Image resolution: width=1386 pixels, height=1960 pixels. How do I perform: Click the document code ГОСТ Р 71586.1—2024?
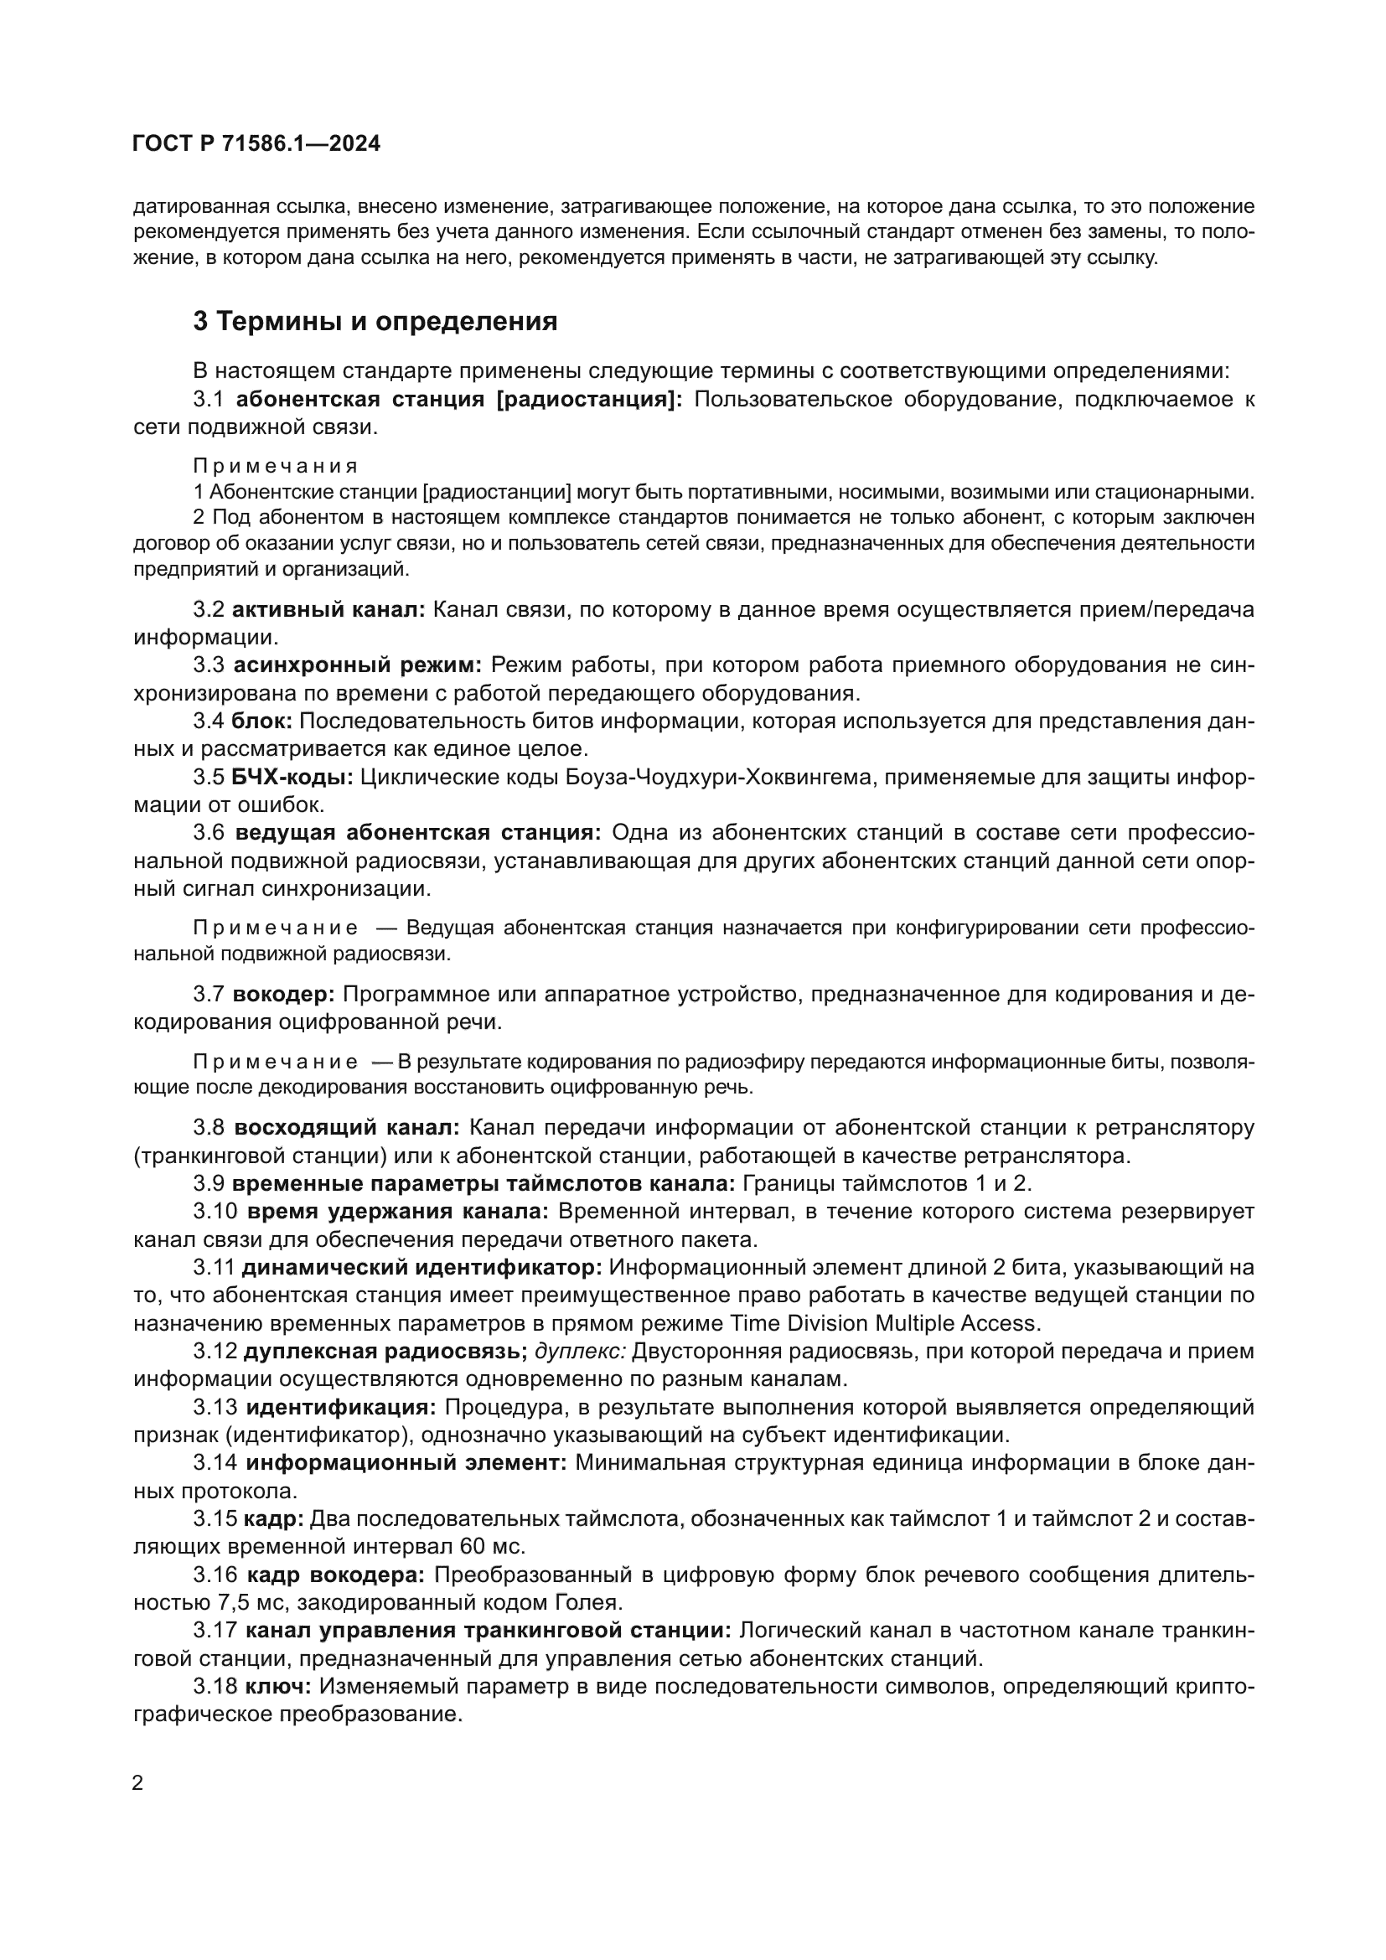tap(256, 144)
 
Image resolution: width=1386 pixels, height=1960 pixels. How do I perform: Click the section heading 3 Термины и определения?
tap(375, 322)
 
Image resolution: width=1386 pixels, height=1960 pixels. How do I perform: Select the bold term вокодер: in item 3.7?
tap(284, 995)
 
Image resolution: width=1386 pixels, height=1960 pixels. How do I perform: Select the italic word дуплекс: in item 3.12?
tap(581, 1352)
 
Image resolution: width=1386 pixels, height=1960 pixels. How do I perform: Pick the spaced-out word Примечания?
tap(275, 466)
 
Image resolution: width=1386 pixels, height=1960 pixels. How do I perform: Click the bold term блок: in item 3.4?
tap(262, 721)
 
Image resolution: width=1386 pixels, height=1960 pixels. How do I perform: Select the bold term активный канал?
tap(328, 609)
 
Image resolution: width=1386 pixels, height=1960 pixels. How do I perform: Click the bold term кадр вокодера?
tap(336, 1575)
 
